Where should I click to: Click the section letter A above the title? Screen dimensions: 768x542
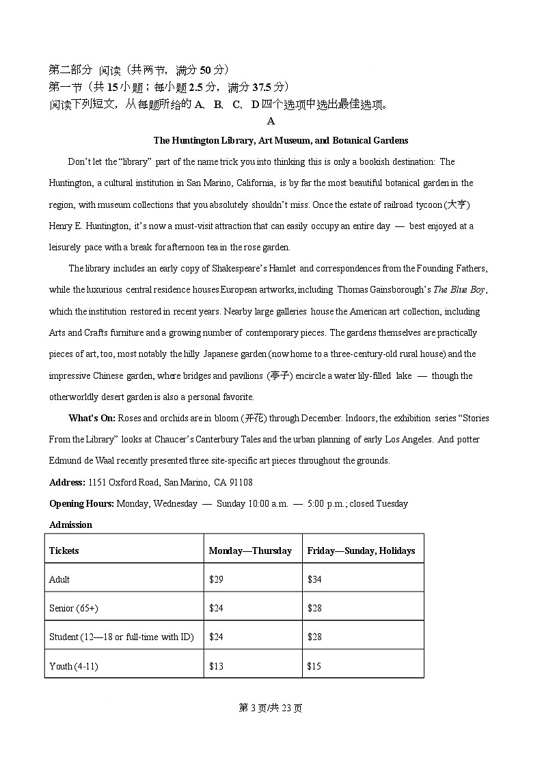pos(271,121)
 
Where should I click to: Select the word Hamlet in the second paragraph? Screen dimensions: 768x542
pos(282,268)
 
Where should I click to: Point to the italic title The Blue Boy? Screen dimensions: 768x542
pos(459,289)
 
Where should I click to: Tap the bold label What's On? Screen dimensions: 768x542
pos(92,418)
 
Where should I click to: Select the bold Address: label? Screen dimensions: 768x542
pos(67,482)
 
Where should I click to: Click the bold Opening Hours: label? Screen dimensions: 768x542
pos(81,503)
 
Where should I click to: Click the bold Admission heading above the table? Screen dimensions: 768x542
pos(70,525)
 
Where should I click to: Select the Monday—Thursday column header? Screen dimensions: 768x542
pos(250,551)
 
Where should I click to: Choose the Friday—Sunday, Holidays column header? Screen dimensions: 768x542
pos(361,551)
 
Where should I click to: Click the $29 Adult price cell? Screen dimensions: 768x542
pos(216,579)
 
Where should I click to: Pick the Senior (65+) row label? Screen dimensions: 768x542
pos(73,608)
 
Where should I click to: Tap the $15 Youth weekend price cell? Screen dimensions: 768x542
pos(314,665)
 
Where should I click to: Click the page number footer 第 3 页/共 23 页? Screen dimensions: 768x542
pos(271,708)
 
